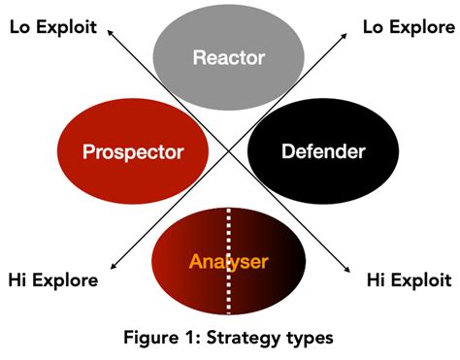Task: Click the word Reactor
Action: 229,58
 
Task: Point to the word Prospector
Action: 133,152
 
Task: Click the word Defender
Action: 322,152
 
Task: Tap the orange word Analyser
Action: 229,261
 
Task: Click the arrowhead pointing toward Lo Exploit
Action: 111,31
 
